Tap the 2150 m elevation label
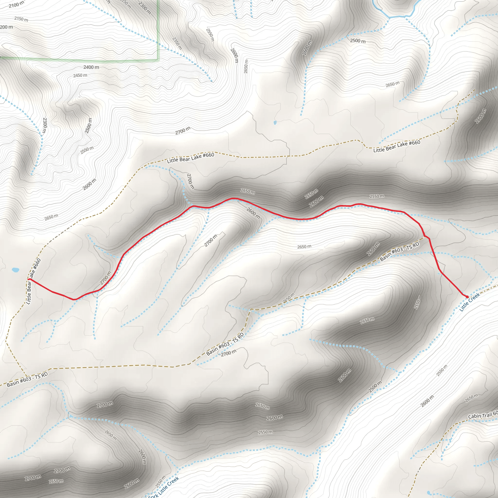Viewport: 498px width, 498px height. (21, 19)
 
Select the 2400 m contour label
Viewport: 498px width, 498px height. (91, 67)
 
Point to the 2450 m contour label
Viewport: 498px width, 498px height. (80, 76)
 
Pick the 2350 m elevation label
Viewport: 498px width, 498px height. (177, 43)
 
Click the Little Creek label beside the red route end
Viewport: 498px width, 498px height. (470, 302)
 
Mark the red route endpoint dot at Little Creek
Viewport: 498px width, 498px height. (467, 297)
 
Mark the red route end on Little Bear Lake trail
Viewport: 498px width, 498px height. (29, 279)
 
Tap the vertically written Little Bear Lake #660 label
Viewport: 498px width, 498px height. (34, 281)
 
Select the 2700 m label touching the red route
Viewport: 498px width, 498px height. (106, 278)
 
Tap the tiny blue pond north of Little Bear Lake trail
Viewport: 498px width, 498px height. (275, 123)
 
